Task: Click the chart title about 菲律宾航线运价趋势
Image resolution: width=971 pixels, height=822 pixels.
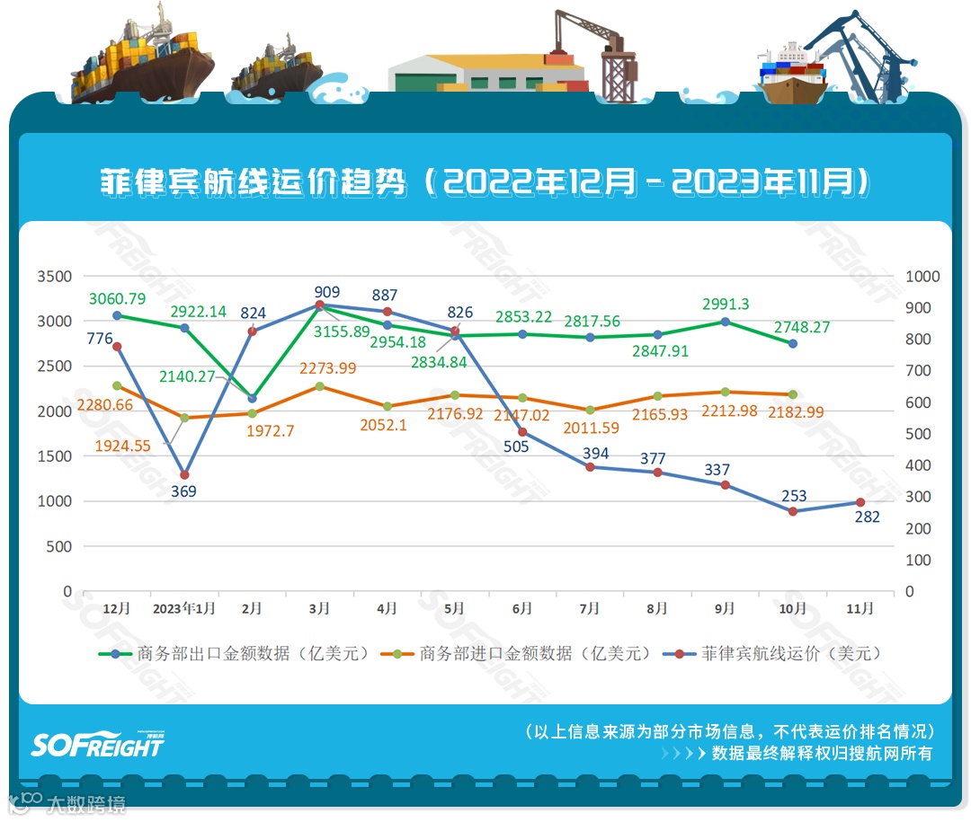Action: [485, 181]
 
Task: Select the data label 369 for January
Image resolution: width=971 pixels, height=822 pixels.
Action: [183, 491]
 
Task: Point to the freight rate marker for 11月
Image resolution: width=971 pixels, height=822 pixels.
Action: [860, 502]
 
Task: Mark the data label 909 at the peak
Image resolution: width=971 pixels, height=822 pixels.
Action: [327, 292]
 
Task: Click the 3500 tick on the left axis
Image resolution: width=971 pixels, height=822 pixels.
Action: [54, 276]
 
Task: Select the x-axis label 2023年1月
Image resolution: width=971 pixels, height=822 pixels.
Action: [183, 608]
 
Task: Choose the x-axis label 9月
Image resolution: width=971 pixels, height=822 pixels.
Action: [725, 608]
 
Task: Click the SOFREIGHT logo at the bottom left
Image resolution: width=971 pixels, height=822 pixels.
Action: [98, 744]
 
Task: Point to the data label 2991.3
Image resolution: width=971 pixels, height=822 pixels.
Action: [725, 305]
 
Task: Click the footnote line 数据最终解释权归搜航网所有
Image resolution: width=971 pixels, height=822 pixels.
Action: [822, 753]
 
